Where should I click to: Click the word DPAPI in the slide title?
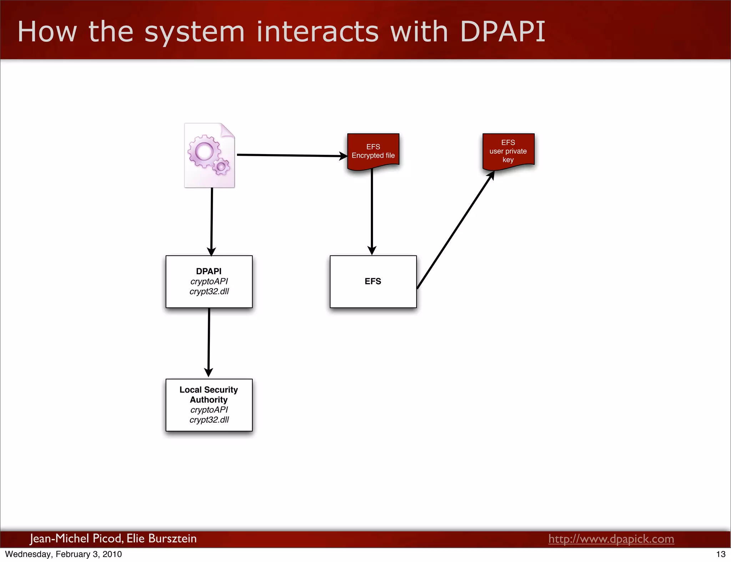(x=503, y=31)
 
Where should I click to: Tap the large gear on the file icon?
(x=204, y=151)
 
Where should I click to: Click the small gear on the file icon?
(x=221, y=167)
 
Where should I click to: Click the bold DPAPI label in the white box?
(x=209, y=271)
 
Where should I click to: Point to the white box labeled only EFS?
(x=373, y=281)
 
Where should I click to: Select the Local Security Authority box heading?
(x=209, y=394)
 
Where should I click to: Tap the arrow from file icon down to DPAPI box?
(x=212, y=221)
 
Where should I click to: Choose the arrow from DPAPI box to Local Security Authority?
(x=209, y=342)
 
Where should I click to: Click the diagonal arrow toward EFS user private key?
(x=455, y=230)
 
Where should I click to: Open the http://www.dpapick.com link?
(x=611, y=538)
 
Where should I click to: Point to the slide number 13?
(x=721, y=554)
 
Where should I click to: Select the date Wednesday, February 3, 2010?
(x=64, y=554)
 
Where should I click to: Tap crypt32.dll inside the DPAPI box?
(x=209, y=291)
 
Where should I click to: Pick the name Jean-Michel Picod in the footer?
(x=76, y=538)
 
